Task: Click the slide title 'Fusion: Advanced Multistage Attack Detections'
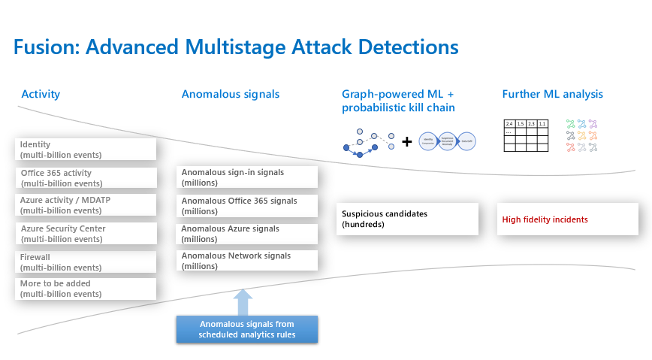235,47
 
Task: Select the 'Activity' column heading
41,94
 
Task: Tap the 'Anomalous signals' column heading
230,94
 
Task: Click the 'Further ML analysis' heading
552,94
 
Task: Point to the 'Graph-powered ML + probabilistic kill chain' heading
398,101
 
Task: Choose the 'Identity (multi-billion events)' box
85,149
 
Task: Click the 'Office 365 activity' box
85,177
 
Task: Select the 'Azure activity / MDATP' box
85,205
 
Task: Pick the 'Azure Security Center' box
85,233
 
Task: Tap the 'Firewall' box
85,262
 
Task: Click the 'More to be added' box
85,289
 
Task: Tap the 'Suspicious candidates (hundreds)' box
406,219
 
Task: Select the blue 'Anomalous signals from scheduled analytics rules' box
246,329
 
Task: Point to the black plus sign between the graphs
406,141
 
